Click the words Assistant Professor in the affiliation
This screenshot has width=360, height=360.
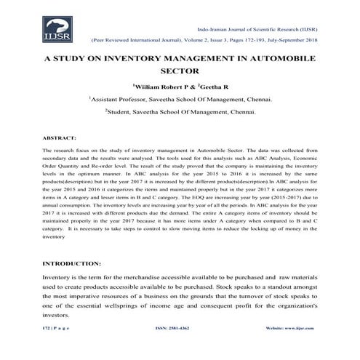point(120,99)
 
